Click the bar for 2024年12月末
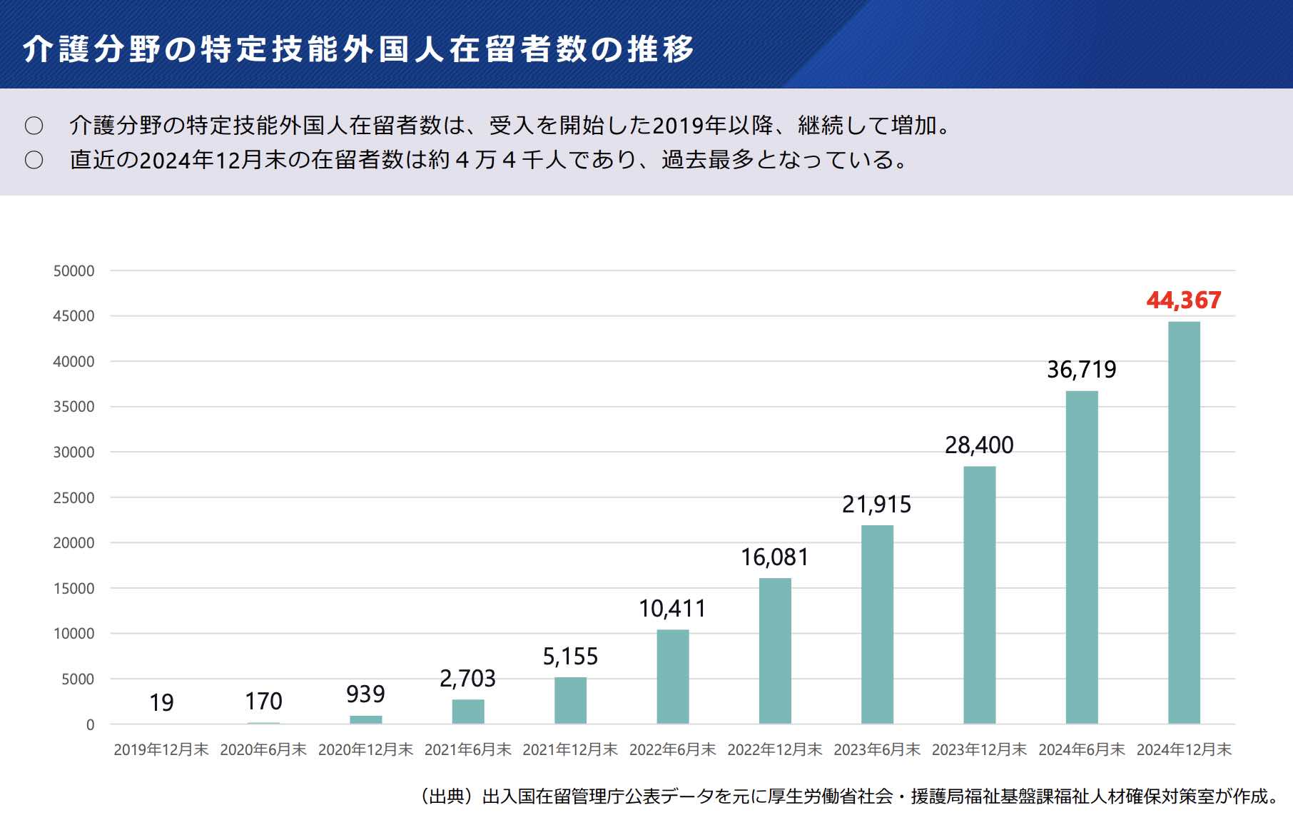[1184, 522]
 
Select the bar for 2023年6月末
[877, 624]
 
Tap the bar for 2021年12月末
[570, 700]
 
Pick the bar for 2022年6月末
[672, 677]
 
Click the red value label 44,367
[1183, 300]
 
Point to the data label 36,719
[1081, 370]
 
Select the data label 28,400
[979, 445]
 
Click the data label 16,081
[774, 557]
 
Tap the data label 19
[161, 703]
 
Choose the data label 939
[365, 694]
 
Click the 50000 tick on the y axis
[73, 271]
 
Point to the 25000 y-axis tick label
[73, 498]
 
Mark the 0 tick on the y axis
[90, 725]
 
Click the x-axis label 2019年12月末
[161, 750]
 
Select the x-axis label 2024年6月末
[1081, 750]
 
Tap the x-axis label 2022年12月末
[774, 750]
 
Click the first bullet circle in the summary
[34, 126]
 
